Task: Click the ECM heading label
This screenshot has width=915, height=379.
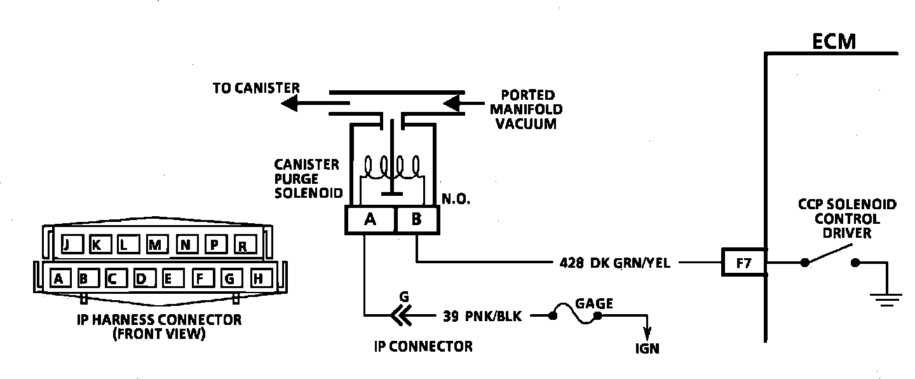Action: pos(834,42)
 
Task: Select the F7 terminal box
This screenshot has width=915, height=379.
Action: pos(743,262)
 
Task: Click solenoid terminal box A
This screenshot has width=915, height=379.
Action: pos(370,219)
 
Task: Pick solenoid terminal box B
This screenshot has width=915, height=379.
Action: pos(416,219)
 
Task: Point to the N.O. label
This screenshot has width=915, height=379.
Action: pos(456,200)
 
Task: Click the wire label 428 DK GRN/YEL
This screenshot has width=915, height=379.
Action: pos(615,263)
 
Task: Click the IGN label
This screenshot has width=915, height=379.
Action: pos(647,348)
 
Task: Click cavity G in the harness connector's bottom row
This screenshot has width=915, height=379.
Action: pos(229,278)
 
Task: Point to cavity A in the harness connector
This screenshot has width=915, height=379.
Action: pos(58,278)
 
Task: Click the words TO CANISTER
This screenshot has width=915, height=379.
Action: pos(256,88)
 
